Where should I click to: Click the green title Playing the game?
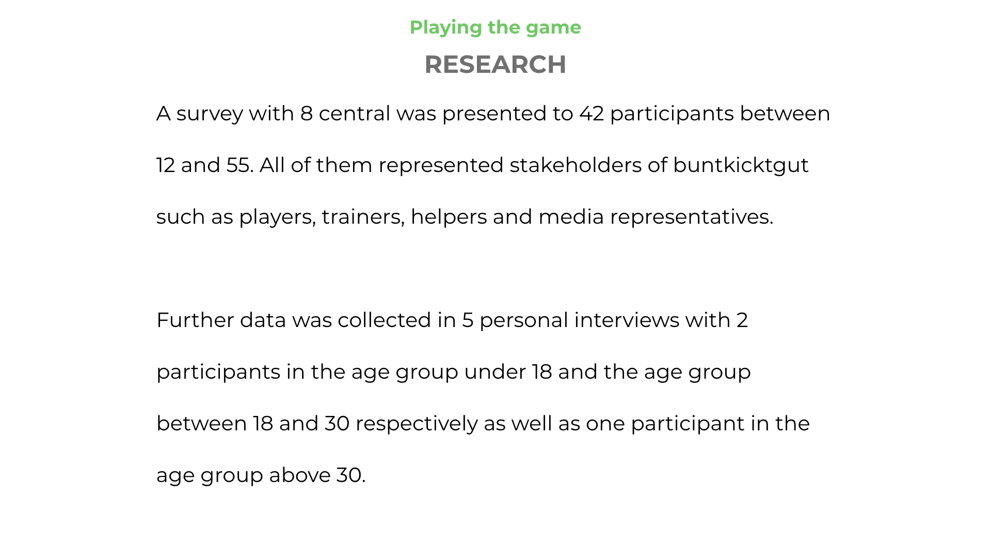tap(495, 28)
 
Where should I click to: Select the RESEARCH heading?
tap(495, 65)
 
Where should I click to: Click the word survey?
tap(210, 114)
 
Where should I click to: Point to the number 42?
tap(592, 114)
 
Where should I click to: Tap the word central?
tap(355, 114)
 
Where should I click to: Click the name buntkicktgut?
tap(741, 166)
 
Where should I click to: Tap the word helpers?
tap(449, 218)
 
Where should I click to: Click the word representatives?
tap(692, 218)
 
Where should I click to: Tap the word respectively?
tap(417, 424)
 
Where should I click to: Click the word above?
tap(300, 475)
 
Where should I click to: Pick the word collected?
tap(385, 320)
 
